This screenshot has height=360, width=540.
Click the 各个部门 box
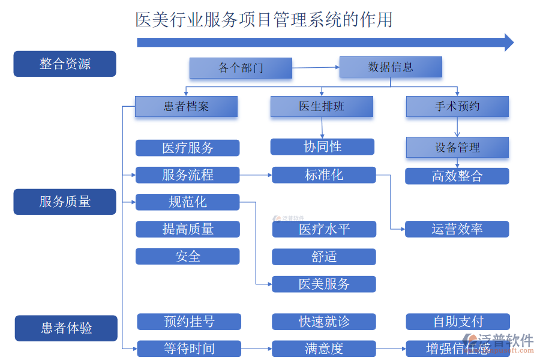(x=241, y=68)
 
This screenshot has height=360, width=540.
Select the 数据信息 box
(x=391, y=67)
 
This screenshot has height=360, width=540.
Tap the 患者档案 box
(x=186, y=107)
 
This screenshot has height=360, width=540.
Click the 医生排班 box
(x=322, y=107)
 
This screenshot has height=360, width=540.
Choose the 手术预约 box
(x=457, y=107)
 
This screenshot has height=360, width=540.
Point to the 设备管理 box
(x=457, y=148)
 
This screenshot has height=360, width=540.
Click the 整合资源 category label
(x=65, y=64)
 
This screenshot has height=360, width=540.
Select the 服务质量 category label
(x=65, y=202)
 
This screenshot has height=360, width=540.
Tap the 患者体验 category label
(x=66, y=328)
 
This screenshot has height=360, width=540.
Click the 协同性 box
(x=322, y=147)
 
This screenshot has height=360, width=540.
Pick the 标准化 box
(x=324, y=175)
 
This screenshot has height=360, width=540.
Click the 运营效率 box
(x=457, y=229)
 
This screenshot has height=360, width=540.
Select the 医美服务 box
(x=324, y=284)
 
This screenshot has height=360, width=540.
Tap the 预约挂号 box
(x=189, y=322)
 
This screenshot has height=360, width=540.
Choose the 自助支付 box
(x=458, y=322)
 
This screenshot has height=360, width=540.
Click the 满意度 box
(x=324, y=349)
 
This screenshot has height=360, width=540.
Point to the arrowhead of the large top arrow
(x=509, y=42)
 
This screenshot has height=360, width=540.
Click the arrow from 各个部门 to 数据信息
(x=316, y=68)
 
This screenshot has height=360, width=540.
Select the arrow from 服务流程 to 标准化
(x=256, y=175)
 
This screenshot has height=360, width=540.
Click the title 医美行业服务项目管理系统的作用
(x=264, y=20)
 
